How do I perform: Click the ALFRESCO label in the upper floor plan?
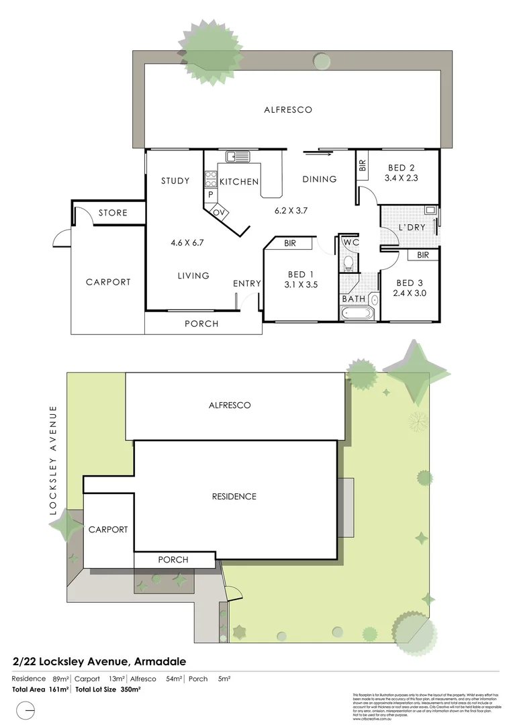tap(287, 109)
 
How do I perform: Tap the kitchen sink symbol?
tap(237, 157)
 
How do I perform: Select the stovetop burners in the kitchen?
tap(210, 179)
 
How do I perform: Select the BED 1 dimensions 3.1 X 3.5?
tap(301, 285)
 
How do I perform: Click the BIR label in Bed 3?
tap(422, 255)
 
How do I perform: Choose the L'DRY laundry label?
tap(412, 228)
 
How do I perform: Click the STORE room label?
tap(113, 213)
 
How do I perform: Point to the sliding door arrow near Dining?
tap(318, 154)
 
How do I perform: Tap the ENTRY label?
tap(246, 283)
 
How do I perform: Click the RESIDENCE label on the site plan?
tap(234, 497)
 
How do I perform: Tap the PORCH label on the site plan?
tap(173, 559)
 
